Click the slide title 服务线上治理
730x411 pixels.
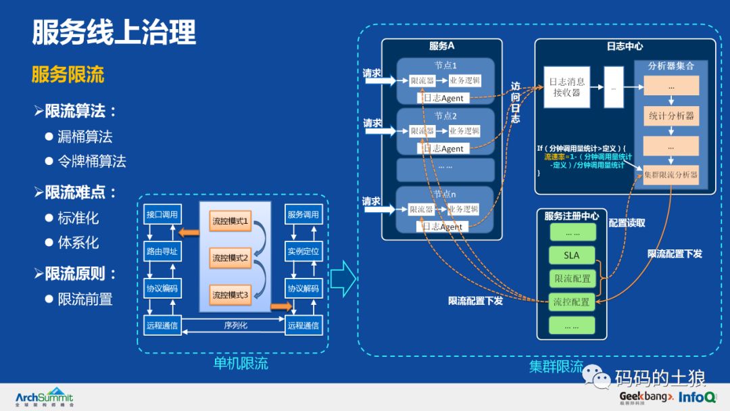click(x=114, y=32)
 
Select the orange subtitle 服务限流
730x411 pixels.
click(x=68, y=74)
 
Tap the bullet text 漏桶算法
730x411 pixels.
click(x=84, y=137)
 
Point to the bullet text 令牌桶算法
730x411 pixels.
click(x=91, y=161)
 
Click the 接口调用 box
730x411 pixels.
click(x=162, y=214)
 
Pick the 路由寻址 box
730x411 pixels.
click(x=162, y=251)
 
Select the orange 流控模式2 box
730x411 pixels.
click(x=230, y=258)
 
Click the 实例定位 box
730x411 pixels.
click(x=303, y=251)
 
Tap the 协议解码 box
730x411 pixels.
click(x=303, y=288)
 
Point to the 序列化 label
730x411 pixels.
click(x=235, y=325)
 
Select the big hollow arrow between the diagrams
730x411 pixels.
click(x=343, y=279)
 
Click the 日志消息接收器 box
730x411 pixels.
click(x=567, y=87)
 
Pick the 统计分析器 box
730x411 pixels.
click(x=671, y=116)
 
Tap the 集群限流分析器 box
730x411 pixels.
click(x=671, y=174)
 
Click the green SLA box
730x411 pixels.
click(x=572, y=256)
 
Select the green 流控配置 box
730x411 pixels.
click(x=572, y=302)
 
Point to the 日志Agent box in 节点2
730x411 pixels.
click(x=443, y=148)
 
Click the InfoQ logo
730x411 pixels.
click(x=698, y=397)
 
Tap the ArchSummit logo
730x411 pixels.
click(x=44, y=397)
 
